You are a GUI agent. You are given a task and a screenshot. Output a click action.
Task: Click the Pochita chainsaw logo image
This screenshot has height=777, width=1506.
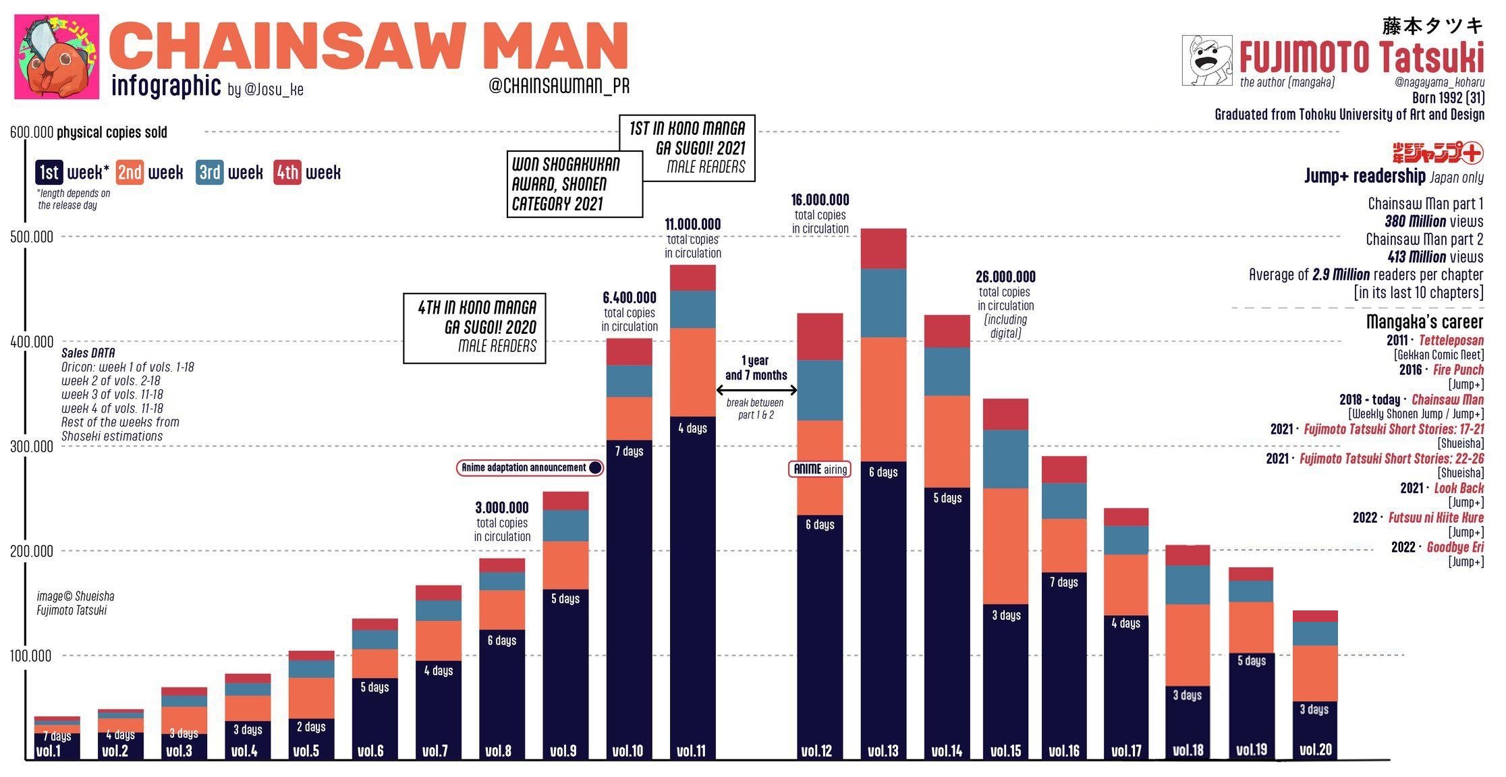[x=57, y=57]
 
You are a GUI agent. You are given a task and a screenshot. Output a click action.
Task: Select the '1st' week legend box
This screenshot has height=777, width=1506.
[x=49, y=173]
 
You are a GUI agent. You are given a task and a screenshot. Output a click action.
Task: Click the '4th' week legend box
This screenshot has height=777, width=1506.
[x=287, y=173]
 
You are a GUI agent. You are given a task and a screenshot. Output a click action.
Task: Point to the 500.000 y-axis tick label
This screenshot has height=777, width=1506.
[x=31, y=237]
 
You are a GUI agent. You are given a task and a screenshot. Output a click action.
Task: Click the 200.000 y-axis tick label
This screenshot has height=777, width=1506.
[x=31, y=551]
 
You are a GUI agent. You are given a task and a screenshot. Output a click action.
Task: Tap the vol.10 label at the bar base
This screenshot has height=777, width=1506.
[x=627, y=751]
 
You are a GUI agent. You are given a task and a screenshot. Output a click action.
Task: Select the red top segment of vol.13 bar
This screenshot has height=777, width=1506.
[x=883, y=248]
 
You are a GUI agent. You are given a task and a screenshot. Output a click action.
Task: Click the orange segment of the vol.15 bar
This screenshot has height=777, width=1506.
[x=1005, y=546]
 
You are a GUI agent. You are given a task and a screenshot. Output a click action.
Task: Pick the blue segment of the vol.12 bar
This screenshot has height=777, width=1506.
[x=820, y=390]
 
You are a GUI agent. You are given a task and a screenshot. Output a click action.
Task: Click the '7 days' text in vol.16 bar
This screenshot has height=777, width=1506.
[x=1063, y=582]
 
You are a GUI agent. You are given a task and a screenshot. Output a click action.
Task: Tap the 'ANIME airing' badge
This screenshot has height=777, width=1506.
[x=820, y=469]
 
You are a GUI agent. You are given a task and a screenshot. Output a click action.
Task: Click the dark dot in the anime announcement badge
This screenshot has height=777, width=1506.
[x=595, y=467]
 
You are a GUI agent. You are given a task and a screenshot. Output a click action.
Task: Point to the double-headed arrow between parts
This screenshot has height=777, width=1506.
[x=756, y=390]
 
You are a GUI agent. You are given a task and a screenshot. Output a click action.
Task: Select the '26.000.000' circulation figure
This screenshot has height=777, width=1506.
[x=1005, y=277]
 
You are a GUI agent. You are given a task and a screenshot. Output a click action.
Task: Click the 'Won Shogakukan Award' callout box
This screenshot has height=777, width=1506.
[x=574, y=184]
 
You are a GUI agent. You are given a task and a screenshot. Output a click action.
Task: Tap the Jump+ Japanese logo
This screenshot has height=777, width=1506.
[x=1437, y=152]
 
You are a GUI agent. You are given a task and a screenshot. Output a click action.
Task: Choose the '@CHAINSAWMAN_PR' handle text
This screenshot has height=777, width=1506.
[x=559, y=86]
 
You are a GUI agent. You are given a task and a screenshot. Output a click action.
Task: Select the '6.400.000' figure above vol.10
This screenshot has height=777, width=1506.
[x=629, y=297]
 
